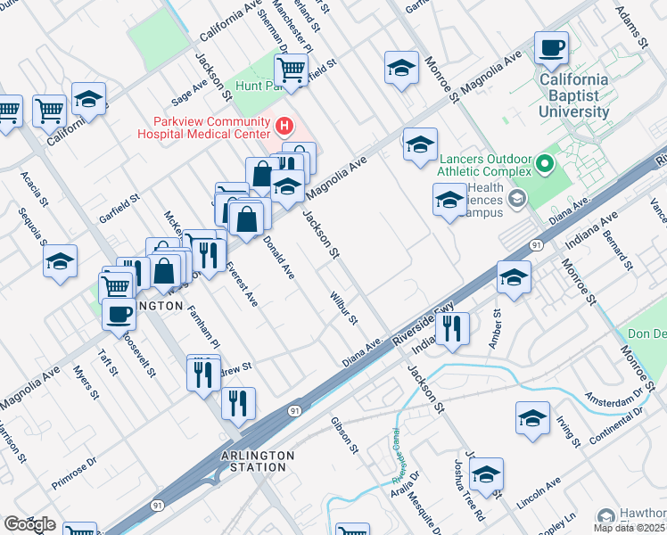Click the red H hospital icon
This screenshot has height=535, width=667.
click(x=284, y=125)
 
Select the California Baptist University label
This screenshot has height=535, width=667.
click(x=574, y=95)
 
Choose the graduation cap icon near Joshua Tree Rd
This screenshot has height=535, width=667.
click(x=486, y=473)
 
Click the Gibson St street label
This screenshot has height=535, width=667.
click(x=344, y=434)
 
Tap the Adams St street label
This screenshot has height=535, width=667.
click(x=630, y=25)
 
